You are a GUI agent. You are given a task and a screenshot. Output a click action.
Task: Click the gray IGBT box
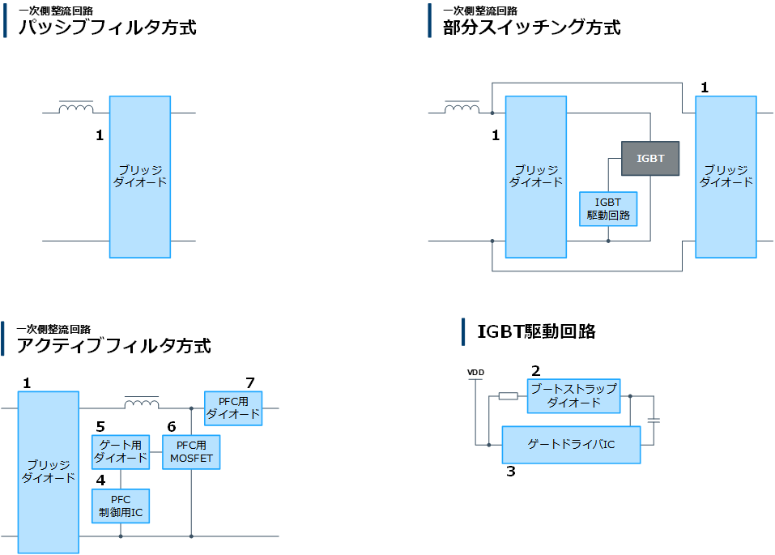coord(650,159)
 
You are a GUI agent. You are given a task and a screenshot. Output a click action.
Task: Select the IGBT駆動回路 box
coord(608,209)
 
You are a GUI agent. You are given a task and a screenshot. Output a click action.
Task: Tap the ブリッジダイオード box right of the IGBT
coord(726,177)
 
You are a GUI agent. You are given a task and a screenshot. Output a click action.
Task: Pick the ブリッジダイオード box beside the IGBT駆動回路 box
coord(535,177)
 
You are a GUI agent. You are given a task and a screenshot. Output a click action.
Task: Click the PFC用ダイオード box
coord(233,408)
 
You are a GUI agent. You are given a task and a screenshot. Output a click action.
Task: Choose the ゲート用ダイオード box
coord(121,451)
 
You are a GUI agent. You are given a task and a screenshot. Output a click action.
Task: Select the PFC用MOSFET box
coord(191,451)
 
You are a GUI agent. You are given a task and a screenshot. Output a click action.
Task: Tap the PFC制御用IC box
coord(121,506)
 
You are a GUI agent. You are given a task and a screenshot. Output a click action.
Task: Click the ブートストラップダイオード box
coord(573,395)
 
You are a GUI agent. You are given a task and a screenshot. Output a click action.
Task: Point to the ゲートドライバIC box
coord(571,444)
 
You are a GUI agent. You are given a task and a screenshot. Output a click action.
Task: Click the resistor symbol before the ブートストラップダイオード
coord(508,396)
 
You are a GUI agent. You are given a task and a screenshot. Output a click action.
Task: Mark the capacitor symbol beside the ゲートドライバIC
coord(654,421)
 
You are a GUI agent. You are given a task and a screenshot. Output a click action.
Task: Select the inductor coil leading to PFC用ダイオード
coord(141,403)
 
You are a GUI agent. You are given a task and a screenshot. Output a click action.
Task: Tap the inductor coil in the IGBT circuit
coord(462,107)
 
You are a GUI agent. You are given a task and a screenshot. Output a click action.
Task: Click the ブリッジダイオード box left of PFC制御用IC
coord(49,472)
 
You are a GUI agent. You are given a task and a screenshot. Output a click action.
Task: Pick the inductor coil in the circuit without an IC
coord(76,107)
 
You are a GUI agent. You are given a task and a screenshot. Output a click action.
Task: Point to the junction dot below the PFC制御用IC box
coord(121,536)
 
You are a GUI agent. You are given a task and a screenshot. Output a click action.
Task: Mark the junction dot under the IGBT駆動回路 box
coord(608,241)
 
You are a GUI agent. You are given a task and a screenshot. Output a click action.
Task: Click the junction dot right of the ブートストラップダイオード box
coord(630,396)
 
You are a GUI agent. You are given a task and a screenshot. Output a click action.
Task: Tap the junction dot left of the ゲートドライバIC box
coord(488,444)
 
